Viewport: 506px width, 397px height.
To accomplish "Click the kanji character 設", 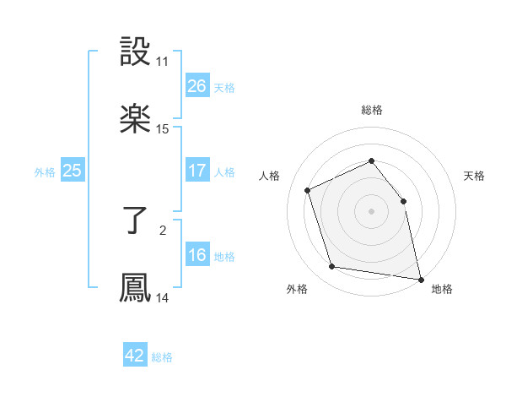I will click(x=135, y=52).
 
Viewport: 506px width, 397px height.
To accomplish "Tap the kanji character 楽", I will click(x=135, y=117).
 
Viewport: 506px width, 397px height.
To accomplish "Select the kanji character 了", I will click(x=135, y=220).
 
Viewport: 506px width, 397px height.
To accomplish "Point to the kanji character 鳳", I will click(x=135, y=287).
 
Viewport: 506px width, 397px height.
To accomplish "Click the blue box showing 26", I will click(x=196, y=86).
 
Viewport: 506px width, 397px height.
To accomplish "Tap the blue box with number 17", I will click(x=196, y=171).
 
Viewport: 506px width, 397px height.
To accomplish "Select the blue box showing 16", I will click(x=196, y=255).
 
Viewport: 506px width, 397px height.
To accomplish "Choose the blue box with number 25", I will click(x=72, y=171).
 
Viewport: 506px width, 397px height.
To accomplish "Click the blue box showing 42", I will click(x=135, y=356).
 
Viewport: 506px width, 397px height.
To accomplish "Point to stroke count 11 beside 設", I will click(x=163, y=62).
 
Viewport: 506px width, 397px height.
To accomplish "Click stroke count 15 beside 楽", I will click(x=163, y=129).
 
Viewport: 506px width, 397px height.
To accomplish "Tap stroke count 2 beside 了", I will click(x=163, y=229).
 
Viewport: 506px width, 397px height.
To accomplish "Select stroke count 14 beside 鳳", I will click(x=163, y=298).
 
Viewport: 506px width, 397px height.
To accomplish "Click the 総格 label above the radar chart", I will click(x=372, y=110).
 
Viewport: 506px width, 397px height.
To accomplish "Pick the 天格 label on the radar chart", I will click(x=475, y=176).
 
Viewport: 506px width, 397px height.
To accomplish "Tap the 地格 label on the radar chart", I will click(x=442, y=290).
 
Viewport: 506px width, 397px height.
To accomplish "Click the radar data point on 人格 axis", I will click(x=308, y=189).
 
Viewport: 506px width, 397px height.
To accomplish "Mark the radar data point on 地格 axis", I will click(x=419, y=278).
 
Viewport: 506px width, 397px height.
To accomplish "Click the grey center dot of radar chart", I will click(x=371, y=211).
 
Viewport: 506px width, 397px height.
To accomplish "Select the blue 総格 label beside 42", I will click(x=162, y=357).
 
